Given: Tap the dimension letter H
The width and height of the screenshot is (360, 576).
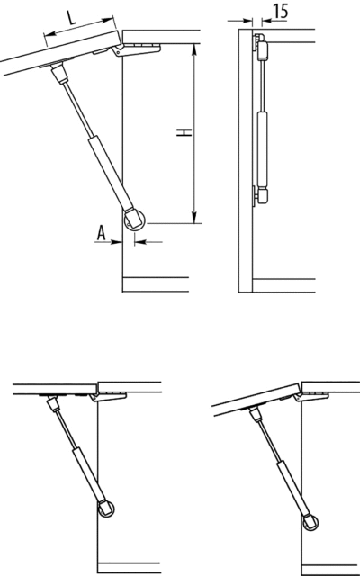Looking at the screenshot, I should pos(183,132).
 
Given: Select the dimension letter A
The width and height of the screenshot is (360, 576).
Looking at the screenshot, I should pos(103,231).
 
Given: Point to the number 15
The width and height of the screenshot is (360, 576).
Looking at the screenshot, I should pos(279,12).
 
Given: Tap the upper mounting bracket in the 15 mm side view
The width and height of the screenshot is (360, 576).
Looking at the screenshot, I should pos(261,44).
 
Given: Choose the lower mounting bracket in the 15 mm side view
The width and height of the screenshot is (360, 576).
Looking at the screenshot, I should pos(261,193).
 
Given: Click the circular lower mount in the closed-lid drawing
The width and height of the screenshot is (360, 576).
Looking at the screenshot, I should pos(105,508).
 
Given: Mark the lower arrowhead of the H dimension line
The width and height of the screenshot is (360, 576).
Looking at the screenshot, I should pos(194,216).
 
